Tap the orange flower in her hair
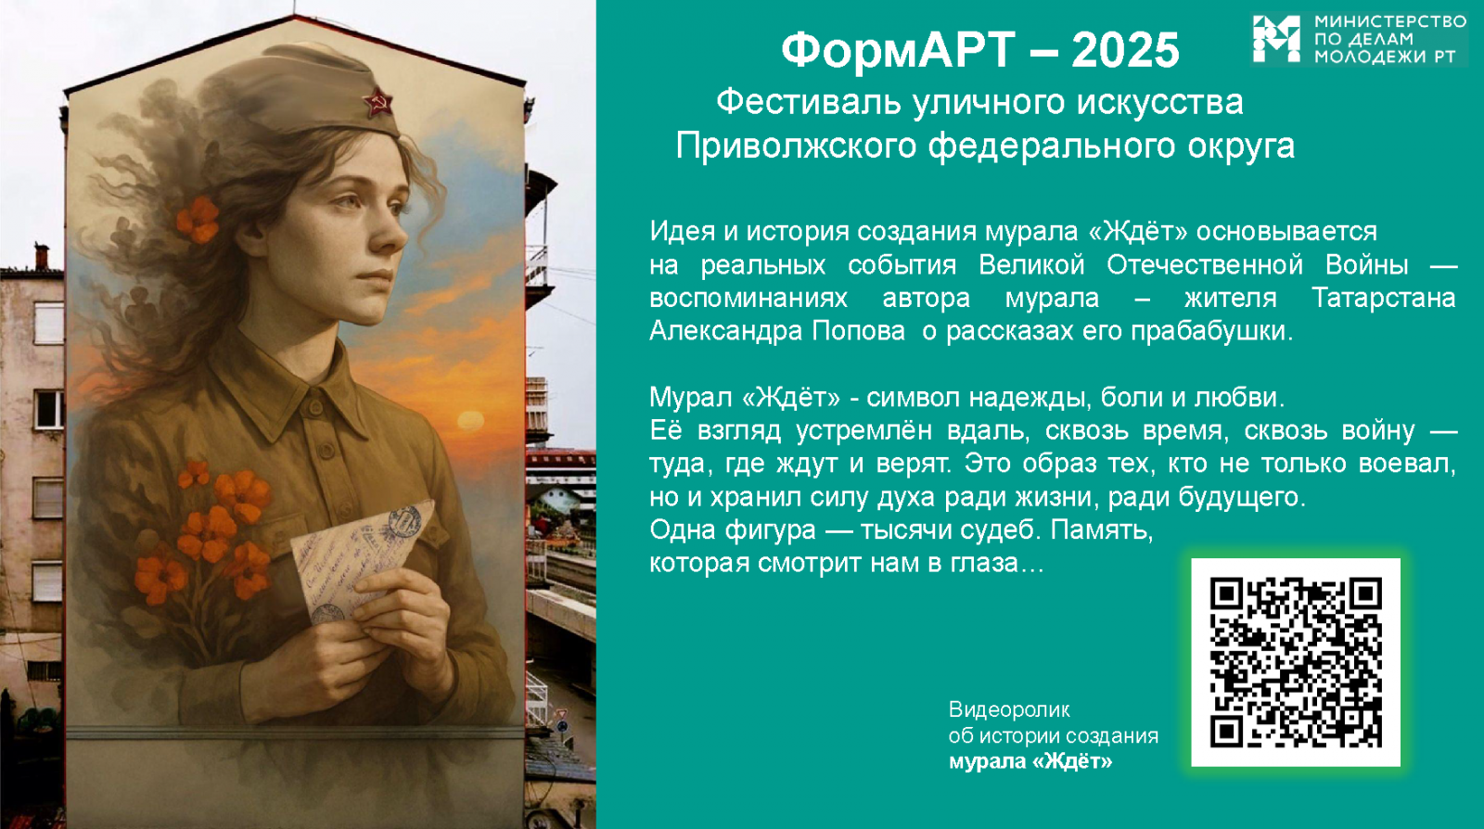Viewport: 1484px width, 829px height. (198, 219)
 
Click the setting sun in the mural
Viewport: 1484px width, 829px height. (470, 420)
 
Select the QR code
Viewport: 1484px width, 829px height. (1296, 662)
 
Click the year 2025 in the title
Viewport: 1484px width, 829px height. (1125, 50)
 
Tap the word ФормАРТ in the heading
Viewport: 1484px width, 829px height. (899, 50)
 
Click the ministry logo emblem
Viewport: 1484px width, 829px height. (1275, 38)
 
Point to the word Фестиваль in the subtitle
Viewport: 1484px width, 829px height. (808, 103)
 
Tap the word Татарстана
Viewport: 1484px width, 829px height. (1383, 298)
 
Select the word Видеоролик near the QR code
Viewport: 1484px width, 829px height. (1009, 709)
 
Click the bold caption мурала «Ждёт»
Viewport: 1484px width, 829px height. (1030, 761)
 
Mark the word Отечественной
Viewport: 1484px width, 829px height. (1205, 265)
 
